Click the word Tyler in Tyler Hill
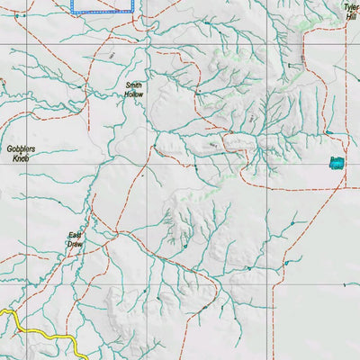coord(350,6)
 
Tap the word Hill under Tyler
coord(350,15)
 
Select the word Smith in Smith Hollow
coord(133,85)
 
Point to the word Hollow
coord(133,94)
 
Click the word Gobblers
coord(20,149)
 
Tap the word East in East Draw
coord(76,236)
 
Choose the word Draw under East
coord(76,245)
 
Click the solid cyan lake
coord(337,163)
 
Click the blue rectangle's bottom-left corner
coord(73,12)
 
